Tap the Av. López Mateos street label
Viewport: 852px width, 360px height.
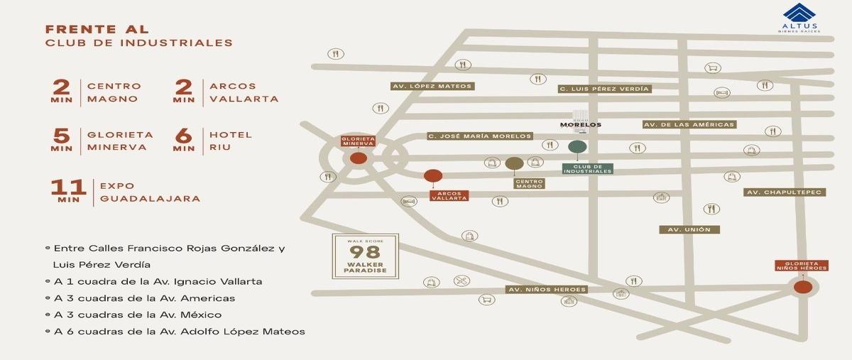click(x=432, y=86)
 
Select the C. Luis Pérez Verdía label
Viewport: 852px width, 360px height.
click(x=604, y=89)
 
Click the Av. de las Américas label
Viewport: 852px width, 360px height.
click(x=689, y=124)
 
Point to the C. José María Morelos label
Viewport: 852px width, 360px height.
click(x=480, y=136)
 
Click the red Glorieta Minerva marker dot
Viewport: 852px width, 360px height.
click(x=359, y=158)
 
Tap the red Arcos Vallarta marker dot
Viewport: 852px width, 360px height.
click(x=432, y=176)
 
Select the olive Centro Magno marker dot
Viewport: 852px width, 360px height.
click(x=514, y=163)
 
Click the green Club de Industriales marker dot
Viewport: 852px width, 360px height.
click(x=577, y=148)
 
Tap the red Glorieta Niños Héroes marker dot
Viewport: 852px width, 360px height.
click(x=803, y=287)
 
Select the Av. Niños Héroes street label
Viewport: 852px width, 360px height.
click(x=547, y=290)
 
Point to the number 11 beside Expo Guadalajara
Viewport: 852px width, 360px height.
click(x=69, y=187)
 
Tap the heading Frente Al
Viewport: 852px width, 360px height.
click(x=97, y=29)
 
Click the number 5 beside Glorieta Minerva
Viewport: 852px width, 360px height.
click(x=62, y=136)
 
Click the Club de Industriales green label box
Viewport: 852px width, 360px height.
click(x=587, y=169)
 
